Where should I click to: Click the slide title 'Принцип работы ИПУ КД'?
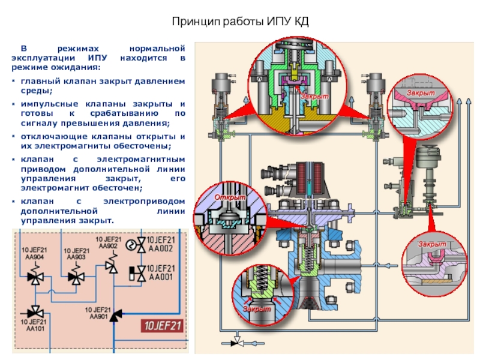click(x=240, y=22)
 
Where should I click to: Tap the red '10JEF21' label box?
click(x=160, y=326)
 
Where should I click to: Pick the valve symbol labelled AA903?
click(x=76, y=277)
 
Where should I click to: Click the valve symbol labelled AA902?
click(x=111, y=265)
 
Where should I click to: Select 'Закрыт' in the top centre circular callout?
click(x=314, y=96)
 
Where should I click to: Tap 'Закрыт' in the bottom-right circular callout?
click(x=432, y=244)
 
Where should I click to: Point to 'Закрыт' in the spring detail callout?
click(x=257, y=308)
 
